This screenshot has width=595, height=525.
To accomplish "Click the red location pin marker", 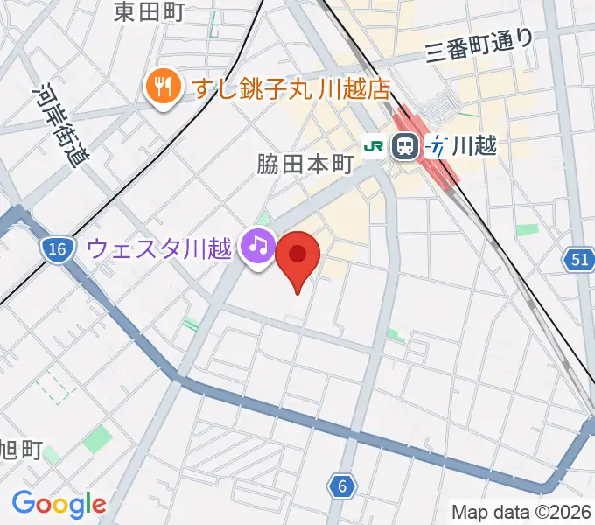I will [x=297, y=256].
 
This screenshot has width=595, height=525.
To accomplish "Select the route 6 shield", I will [x=343, y=486].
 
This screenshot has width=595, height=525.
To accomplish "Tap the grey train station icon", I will [x=405, y=147].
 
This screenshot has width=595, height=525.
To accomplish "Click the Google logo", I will [x=59, y=504].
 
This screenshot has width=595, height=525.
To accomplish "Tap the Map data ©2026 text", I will [x=521, y=511].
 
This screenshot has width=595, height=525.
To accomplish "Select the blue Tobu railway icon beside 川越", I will [x=435, y=147].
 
